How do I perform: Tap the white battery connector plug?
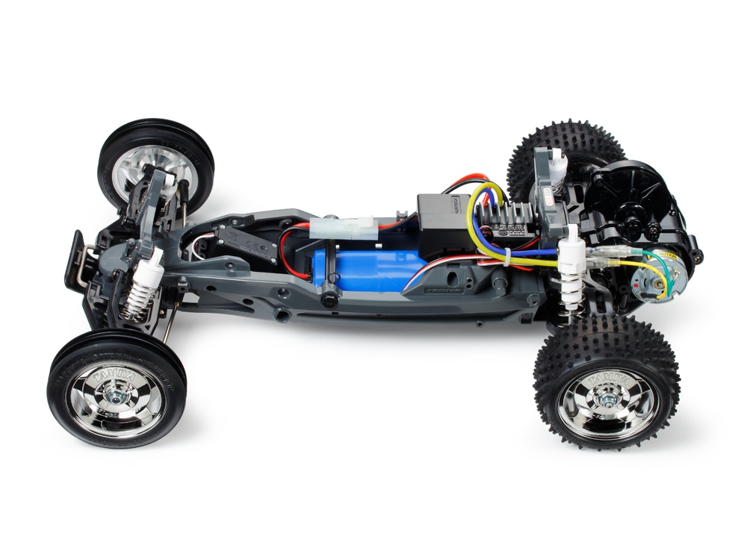tap(344, 226)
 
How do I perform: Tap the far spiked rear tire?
tap(560, 149)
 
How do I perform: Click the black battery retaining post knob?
tap(327, 298)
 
